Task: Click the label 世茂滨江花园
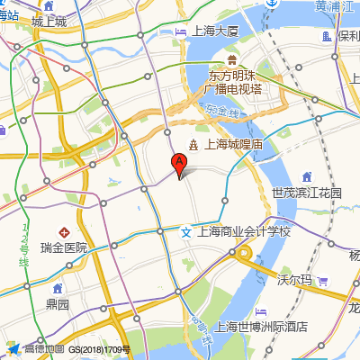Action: [x=307, y=193]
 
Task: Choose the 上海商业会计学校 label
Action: [x=245, y=231]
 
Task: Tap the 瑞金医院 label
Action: [x=64, y=247]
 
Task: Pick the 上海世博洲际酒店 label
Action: [x=263, y=327]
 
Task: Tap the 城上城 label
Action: [x=49, y=22]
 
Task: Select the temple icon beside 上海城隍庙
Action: [x=193, y=144]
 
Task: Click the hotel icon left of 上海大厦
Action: [x=166, y=32]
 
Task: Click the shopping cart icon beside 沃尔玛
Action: [x=322, y=281]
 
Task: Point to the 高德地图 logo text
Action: [x=43, y=349]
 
